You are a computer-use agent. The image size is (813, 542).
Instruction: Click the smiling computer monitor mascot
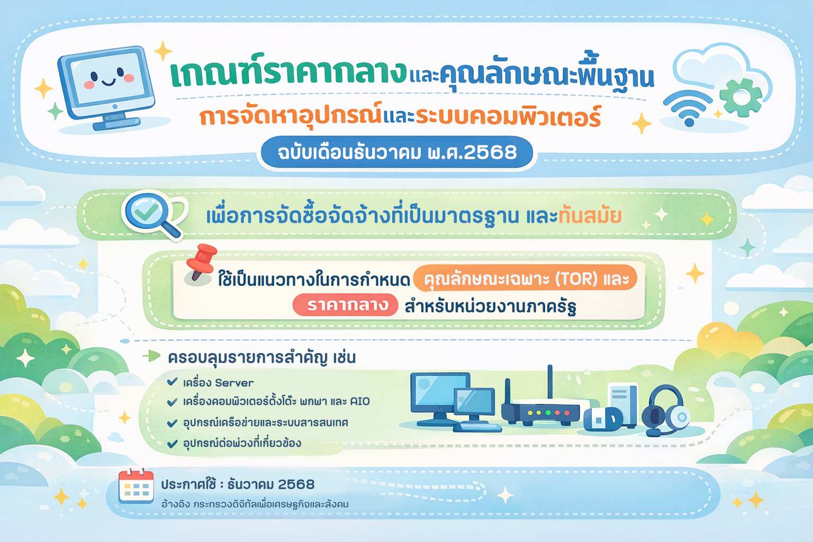point(107,87)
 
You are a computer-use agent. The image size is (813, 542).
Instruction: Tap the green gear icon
point(740,97)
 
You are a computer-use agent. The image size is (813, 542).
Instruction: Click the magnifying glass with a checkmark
point(152,214)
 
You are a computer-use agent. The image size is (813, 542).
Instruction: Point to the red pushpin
point(201,262)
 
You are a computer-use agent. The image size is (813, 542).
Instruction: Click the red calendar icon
point(136,486)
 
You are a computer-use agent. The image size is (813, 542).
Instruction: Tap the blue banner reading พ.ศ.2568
point(396,152)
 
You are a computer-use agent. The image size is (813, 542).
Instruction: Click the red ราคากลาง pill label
point(346,305)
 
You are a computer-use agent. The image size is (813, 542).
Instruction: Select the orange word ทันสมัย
point(590,215)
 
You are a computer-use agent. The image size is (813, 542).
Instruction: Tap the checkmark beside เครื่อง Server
point(172,382)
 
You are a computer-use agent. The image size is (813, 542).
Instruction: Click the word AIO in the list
point(360,402)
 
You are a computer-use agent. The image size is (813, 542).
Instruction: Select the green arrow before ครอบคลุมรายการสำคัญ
point(151,356)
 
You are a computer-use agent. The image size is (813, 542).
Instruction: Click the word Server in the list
point(234,383)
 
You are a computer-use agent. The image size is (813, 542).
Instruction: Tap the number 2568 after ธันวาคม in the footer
point(296,484)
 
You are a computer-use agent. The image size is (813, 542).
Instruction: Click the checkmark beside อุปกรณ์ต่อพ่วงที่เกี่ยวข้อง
point(172,443)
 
